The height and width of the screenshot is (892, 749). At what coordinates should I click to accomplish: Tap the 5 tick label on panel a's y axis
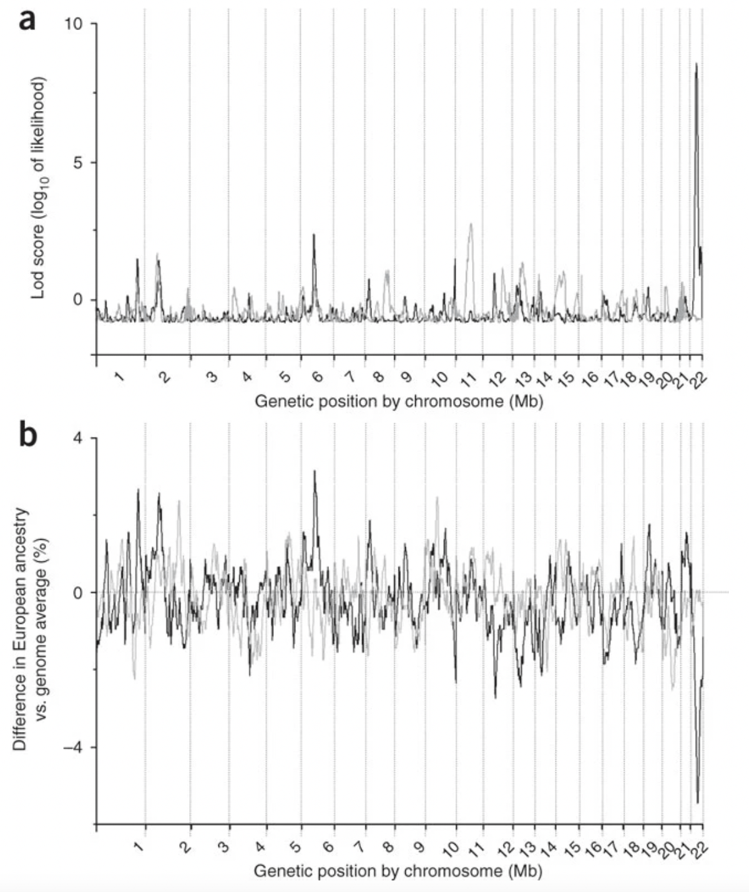click(x=77, y=163)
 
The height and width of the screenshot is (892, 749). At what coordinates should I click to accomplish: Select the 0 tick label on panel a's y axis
click(x=77, y=300)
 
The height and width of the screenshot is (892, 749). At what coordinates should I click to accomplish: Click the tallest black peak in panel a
click(x=696, y=64)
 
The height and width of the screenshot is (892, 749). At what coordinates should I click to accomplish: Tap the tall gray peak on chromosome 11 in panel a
click(x=471, y=225)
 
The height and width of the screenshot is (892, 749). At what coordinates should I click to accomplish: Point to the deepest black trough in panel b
click(x=698, y=802)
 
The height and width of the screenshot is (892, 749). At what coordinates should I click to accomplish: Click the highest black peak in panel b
click(x=315, y=472)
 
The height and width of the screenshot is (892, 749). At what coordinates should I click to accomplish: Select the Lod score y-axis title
click(x=39, y=187)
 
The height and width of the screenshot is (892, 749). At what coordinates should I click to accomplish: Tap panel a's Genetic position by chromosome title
click(x=399, y=400)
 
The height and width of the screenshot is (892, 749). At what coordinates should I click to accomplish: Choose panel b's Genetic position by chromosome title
click(x=398, y=870)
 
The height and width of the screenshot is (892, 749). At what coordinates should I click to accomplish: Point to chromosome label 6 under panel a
click(x=317, y=377)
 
